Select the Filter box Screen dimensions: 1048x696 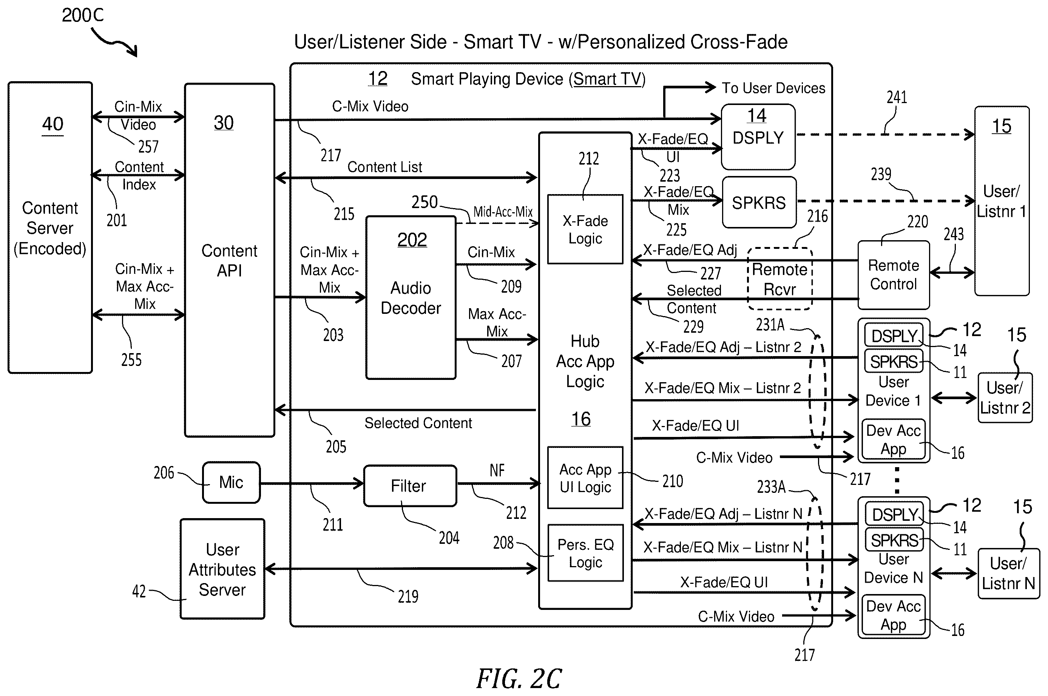point(410,486)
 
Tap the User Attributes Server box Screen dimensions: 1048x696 point(222,569)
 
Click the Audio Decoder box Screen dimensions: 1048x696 point(411,298)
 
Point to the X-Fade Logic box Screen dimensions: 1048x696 point(585,229)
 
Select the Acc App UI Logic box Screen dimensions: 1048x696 point(585,478)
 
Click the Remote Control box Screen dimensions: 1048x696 point(893,275)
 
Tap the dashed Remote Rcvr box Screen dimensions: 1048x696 point(780,279)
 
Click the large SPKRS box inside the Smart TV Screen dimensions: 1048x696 point(759,202)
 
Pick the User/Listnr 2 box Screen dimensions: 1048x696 point(1005,398)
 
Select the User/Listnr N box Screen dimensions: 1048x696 point(1008,574)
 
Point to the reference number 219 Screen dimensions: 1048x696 point(408,596)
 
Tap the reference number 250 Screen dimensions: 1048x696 point(424,202)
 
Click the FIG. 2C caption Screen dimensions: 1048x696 point(519,678)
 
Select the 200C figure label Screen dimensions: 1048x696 point(83,15)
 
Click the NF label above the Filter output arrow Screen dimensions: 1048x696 point(497,470)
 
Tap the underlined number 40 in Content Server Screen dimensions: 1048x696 point(52,124)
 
